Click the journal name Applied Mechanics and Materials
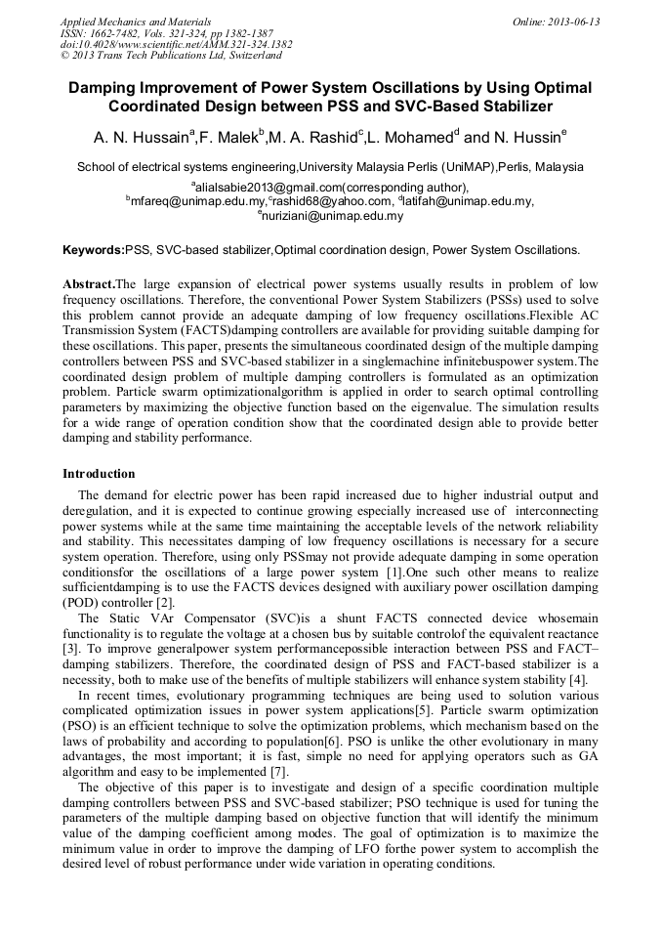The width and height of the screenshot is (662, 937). tap(136, 21)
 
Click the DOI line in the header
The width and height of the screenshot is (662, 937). tap(176, 44)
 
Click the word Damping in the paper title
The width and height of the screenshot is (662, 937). tap(110, 88)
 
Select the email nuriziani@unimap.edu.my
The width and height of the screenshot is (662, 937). tap(333, 216)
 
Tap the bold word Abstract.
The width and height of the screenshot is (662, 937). tap(89, 283)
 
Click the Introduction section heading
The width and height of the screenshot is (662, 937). tap(99, 474)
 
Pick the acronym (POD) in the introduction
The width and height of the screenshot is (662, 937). tap(81, 603)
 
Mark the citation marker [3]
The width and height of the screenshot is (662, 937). tap(71, 648)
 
